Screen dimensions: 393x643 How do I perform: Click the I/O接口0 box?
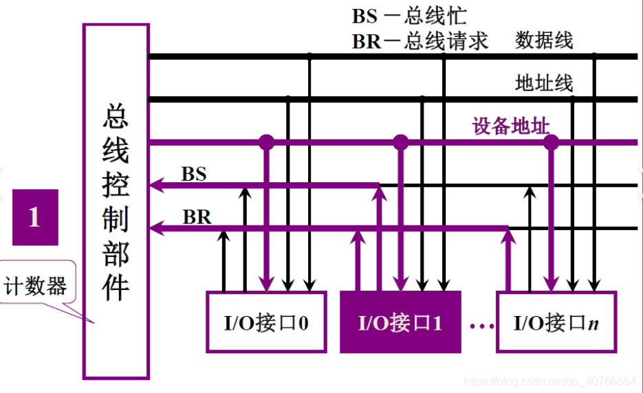pos(265,322)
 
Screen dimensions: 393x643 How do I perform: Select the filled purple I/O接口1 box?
pos(400,322)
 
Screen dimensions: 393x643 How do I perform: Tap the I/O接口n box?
pos(556,322)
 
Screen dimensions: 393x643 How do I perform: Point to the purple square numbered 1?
pos(35,217)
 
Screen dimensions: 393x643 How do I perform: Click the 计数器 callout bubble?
pos(36,286)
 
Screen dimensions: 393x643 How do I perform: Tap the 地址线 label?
pos(544,83)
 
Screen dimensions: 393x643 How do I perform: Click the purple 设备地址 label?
pos(510,126)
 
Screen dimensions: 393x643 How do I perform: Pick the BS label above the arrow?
pos(194,174)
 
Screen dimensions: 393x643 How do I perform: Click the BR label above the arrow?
pos(197,217)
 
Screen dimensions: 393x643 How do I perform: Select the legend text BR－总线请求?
pos(420,41)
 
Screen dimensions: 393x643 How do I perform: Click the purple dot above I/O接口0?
pos(266,142)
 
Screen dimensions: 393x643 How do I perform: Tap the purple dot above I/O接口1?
pos(400,142)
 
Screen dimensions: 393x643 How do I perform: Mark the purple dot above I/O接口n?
pos(551,142)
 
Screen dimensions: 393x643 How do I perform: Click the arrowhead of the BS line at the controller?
pos(156,184)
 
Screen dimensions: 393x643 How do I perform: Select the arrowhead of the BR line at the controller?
pos(156,227)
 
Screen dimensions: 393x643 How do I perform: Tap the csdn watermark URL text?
pos(549,381)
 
